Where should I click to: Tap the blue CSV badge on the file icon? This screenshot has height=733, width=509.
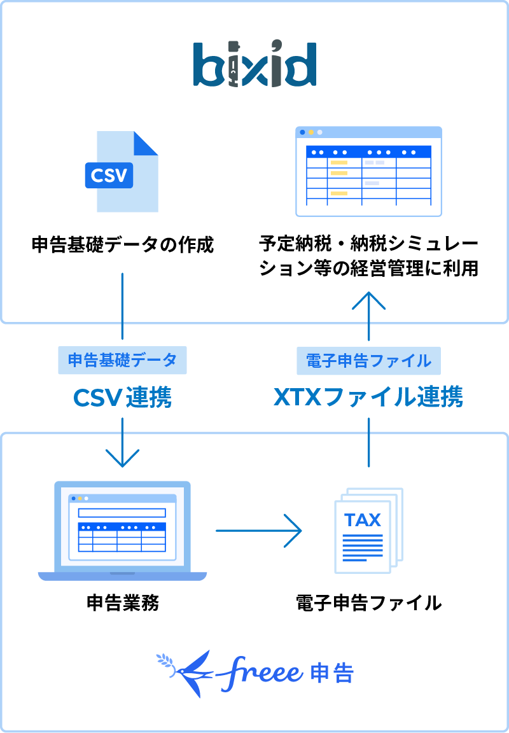109,175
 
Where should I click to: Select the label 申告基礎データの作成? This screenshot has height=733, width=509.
122,244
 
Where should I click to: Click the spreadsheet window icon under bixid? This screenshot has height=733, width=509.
368,172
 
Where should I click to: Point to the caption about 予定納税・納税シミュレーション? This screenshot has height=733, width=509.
368,256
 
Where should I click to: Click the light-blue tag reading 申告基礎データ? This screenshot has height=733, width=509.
122,361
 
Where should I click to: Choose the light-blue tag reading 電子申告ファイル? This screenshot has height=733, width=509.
368,361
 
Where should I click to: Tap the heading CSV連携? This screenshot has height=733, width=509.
122,398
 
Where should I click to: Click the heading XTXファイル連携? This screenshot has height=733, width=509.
368,398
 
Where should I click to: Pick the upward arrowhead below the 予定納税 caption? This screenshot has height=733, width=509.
368,299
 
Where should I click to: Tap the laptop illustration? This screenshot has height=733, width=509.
122,531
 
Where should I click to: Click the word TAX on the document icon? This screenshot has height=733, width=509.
363,520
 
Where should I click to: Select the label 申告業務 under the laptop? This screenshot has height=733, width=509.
122,603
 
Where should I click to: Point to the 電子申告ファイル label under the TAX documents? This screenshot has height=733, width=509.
368,603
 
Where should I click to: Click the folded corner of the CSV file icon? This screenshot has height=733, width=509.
146,143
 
